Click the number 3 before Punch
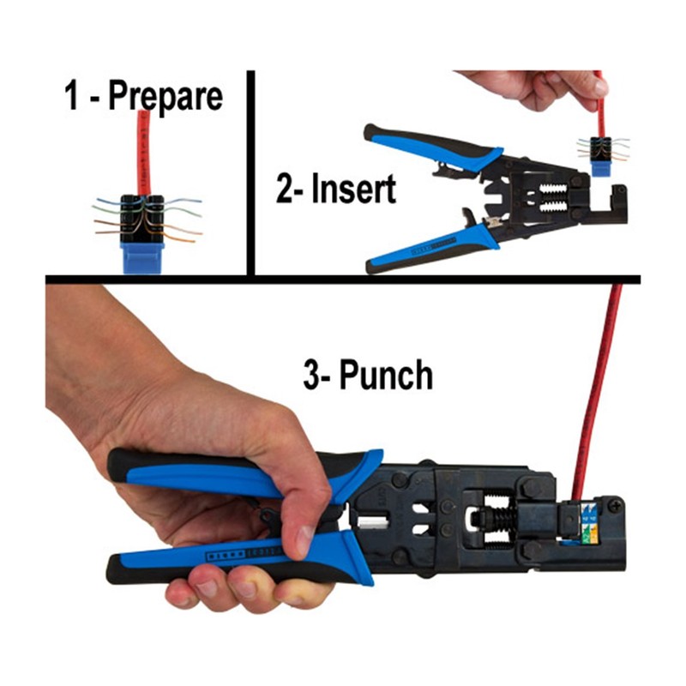click(x=312, y=375)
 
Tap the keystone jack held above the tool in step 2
click(x=602, y=153)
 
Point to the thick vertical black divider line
click(x=252, y=171)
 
